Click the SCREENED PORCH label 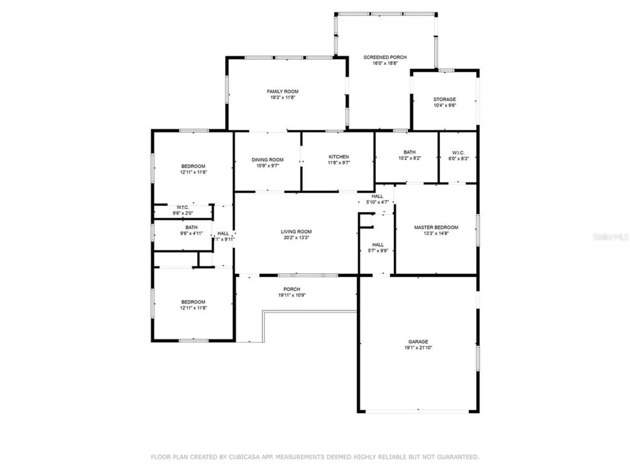point(385,57)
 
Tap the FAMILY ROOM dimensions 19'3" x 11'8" point(283,97)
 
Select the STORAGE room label point(444,99)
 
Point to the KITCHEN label point(339,157)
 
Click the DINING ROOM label point(267,160)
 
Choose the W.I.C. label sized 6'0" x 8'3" point(458,153)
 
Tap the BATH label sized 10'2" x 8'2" point(409,152)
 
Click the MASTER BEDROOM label point(436,227)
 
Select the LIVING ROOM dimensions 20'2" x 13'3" point(296,237)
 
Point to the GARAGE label point(418,342)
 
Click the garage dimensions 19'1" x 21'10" point(418,347)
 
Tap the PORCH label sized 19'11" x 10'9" point(292,289)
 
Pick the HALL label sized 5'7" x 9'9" point(378,245)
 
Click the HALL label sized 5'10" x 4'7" point(377,196)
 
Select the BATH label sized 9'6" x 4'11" point(191,227)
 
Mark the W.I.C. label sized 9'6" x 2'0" point(183,207)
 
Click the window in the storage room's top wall point(446,70)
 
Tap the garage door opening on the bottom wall point(417,411)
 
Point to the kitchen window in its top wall point(335,131)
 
